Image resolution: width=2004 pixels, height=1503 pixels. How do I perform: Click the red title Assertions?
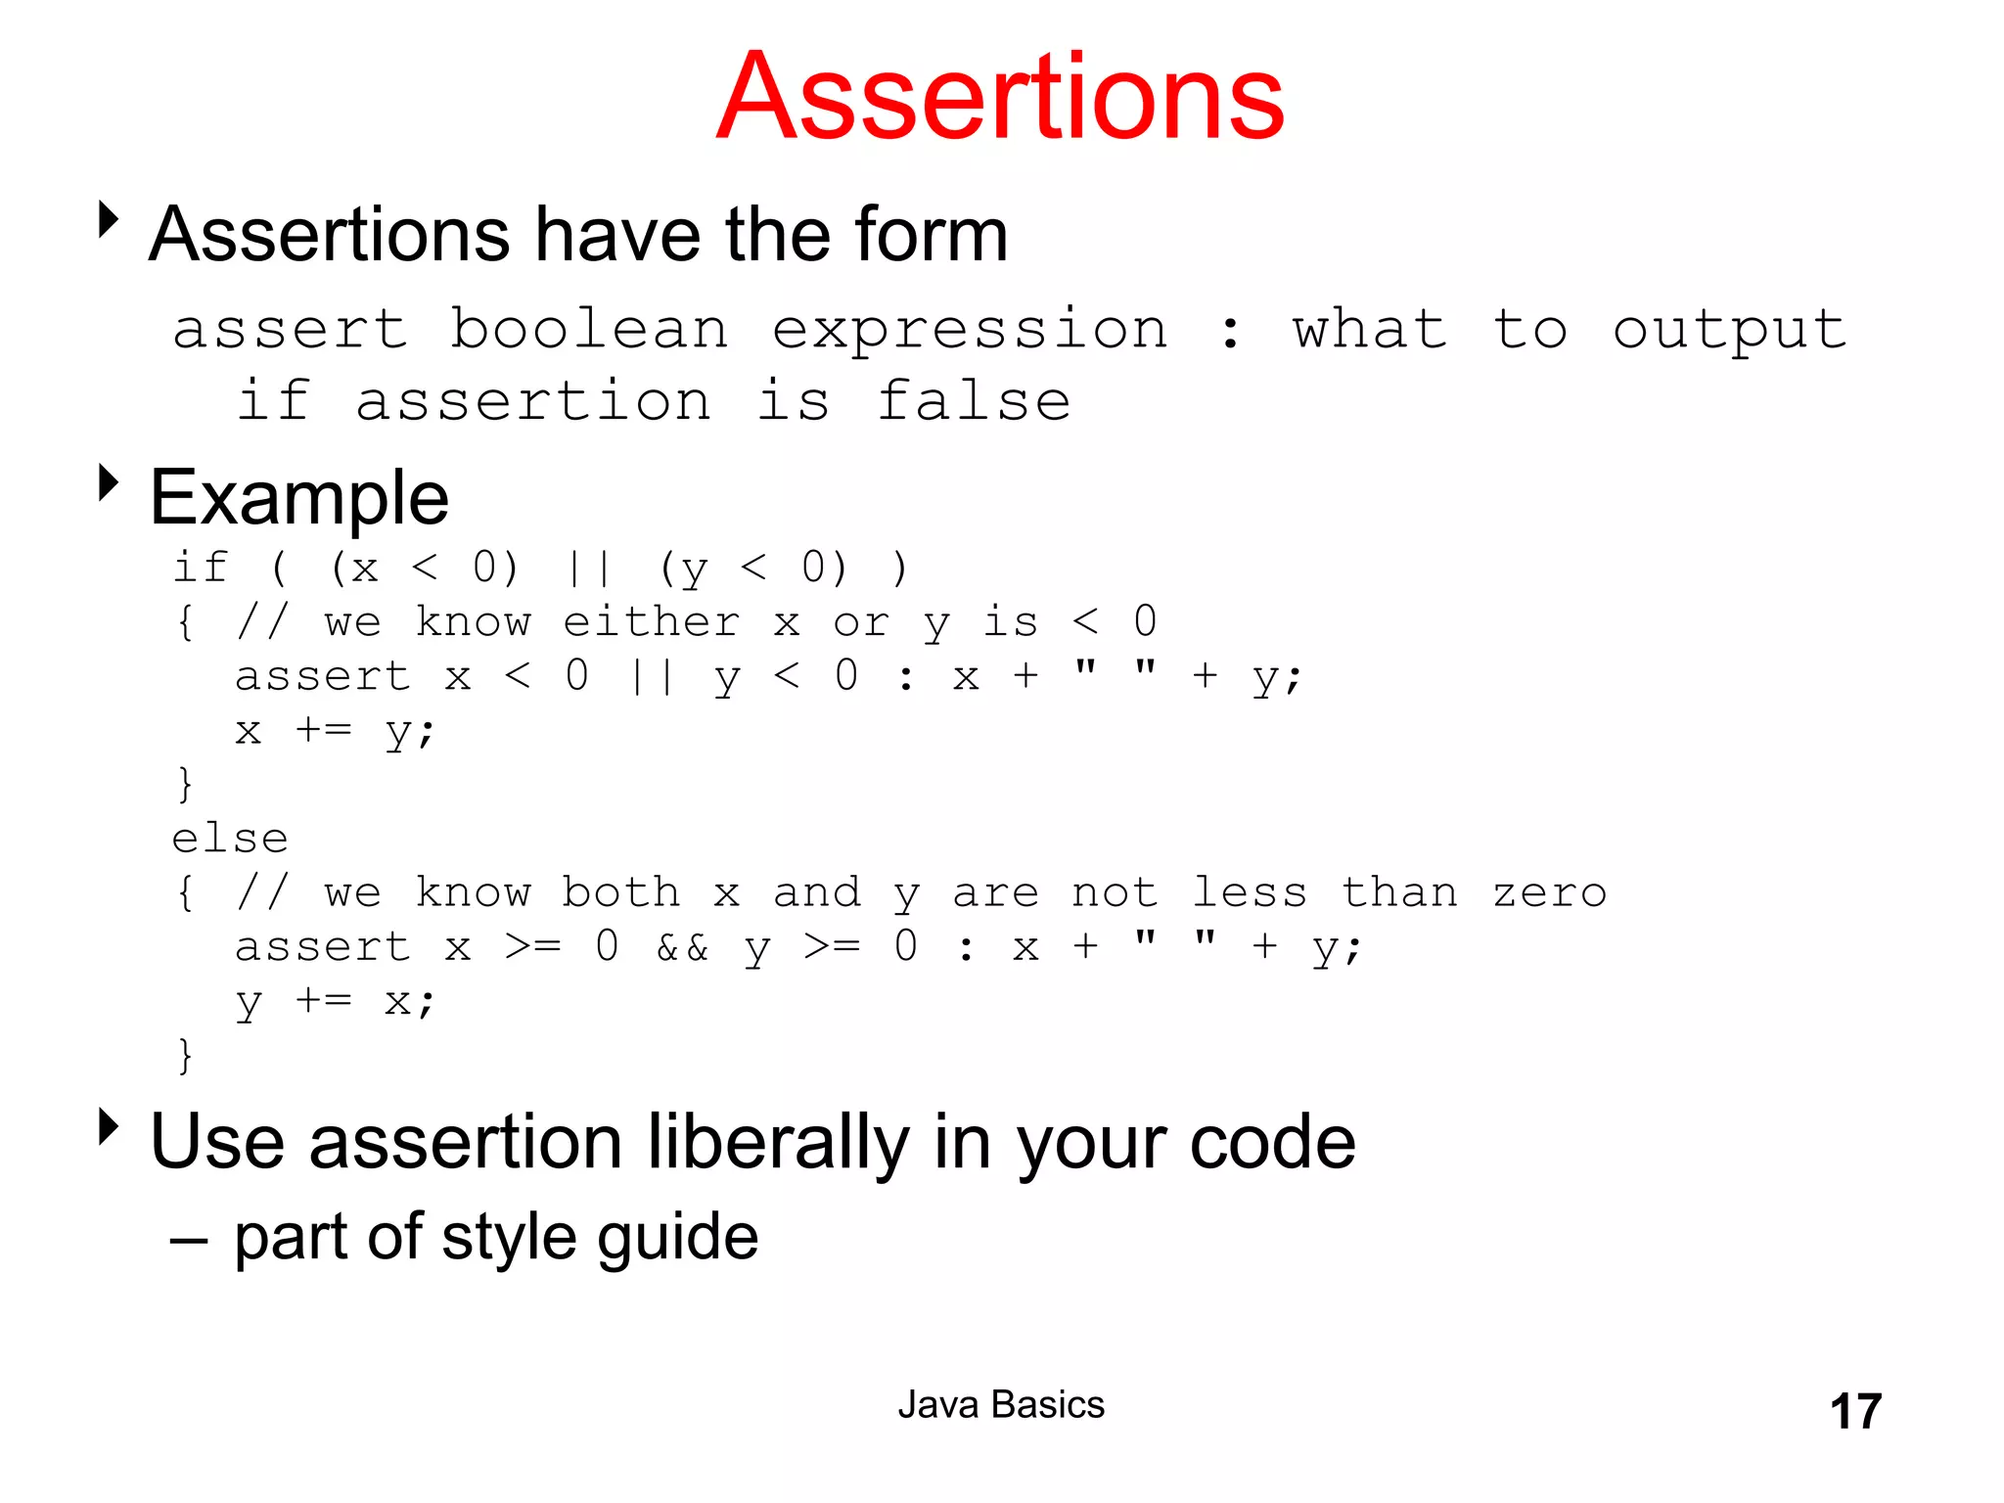click(1000, 98)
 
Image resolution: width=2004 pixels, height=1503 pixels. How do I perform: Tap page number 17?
click(1855, 1411)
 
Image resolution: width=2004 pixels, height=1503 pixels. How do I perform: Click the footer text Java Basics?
click(1000, 1405)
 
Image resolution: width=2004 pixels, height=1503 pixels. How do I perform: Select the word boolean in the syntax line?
click(589, 329)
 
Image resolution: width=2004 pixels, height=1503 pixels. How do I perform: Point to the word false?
click(974, 401)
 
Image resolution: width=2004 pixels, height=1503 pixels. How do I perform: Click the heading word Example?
click(299, 497)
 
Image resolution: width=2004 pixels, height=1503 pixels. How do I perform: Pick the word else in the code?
click(230, 839)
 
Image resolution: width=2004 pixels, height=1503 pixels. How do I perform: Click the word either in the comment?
click(651, 622)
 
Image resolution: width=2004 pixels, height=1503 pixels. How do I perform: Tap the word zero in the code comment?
click(1549, 892)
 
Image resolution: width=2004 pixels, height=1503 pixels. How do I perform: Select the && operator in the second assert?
click(682, 947)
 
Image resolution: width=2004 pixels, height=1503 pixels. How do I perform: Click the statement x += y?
click(335, 731)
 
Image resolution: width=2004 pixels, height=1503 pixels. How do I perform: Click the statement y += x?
click(335, 1002)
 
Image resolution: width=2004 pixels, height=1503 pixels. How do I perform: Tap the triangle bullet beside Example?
click(109, 482)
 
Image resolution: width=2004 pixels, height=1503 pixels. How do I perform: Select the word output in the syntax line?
click(1729, 331)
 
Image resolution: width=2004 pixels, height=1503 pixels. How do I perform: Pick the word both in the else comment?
click(620, 892)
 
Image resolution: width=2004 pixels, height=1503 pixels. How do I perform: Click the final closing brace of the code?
click(185, 1057)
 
